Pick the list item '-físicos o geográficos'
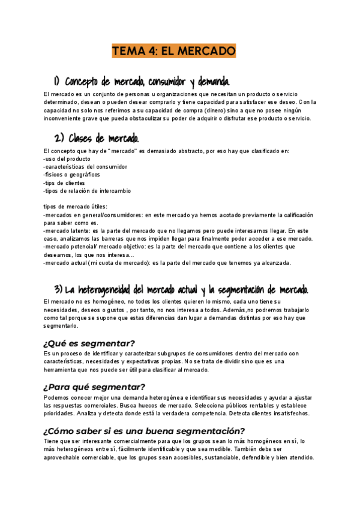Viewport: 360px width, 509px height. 72,175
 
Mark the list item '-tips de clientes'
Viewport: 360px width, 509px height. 64,182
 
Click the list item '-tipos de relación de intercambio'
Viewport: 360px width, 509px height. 87,190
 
